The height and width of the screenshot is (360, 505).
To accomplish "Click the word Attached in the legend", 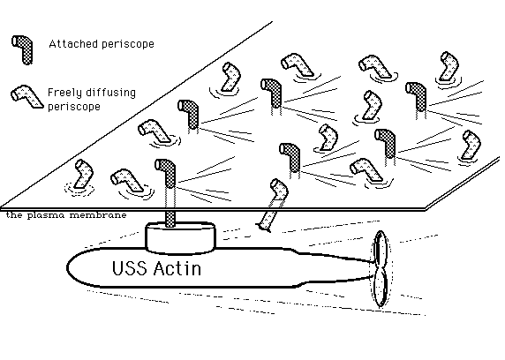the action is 73,44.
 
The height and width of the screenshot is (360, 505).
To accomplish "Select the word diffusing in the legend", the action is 110,92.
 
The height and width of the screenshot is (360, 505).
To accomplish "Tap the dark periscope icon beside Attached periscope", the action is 24,50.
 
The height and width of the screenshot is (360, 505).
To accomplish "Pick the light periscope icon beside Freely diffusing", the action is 26,96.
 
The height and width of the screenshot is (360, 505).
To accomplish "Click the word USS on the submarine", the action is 130,268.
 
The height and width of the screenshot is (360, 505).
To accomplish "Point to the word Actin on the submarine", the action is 177,268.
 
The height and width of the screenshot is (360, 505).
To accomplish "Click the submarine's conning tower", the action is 180,237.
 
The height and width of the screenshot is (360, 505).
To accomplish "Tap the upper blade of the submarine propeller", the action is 381,248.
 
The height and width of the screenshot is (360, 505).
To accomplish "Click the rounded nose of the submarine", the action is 75,268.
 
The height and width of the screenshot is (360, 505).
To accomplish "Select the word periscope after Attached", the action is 128,44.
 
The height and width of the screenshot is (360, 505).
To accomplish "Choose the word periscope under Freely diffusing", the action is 74,106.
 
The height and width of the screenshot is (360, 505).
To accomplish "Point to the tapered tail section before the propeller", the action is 335,268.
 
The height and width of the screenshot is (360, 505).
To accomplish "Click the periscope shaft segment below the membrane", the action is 170,219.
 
